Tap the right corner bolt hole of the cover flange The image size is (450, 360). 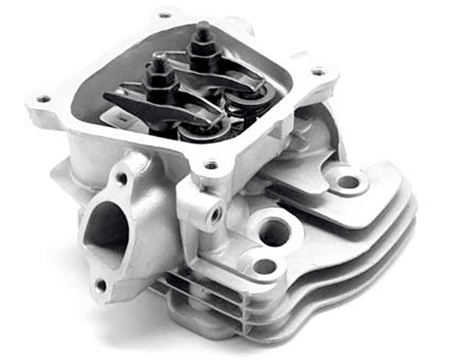(x=318, y=73)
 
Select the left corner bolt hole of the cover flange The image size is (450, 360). (x=42, y=100)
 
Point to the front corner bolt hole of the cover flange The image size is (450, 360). (x=210, y=166)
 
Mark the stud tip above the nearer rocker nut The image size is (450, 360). (x=160, y=59)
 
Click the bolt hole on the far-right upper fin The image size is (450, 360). (x=346, y=180)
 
